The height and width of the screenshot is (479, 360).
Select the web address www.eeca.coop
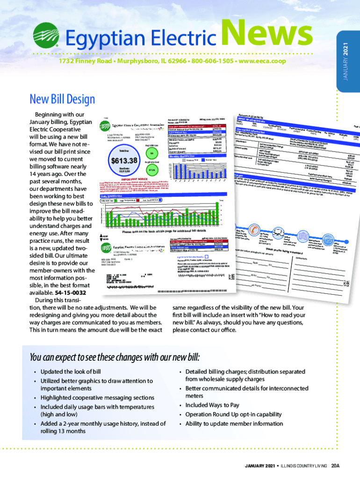pos(261,62)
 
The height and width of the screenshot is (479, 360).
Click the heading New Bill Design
pos(62,99)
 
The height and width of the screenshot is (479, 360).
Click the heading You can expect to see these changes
pos(114,358)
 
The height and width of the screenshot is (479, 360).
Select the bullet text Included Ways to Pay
pos(212,405)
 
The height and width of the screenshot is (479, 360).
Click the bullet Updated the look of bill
pos(70,371)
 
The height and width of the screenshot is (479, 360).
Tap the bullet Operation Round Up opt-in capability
pos(233,414)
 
